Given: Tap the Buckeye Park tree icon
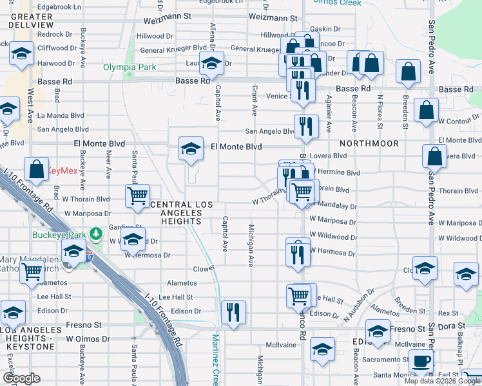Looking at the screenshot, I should pos(95,233).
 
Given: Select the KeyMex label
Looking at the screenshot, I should pos(62,171).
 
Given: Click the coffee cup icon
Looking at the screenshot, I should pos(421,361).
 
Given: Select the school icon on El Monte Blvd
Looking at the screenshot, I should pos(190,150).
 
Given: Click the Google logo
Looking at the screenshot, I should pos(22,378).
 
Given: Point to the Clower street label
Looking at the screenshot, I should pos(204,269).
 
